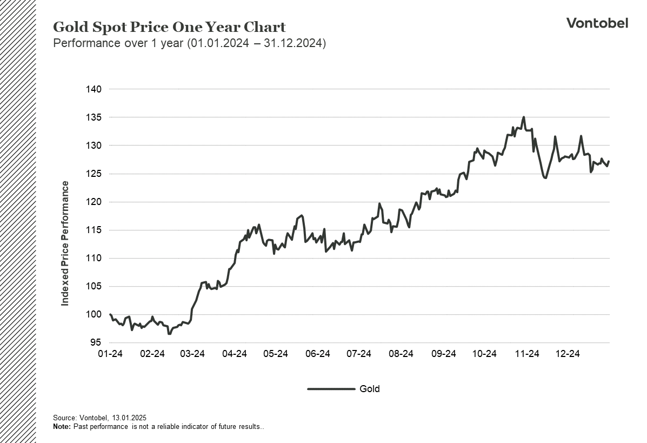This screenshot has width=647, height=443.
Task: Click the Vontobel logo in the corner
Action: point(597,23)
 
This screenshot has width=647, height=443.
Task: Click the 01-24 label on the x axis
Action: point(110,354)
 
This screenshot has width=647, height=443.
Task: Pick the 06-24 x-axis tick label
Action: point(317,354)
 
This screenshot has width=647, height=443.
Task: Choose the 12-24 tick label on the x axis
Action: point(568,354)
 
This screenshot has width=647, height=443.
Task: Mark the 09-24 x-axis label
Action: point(443,354)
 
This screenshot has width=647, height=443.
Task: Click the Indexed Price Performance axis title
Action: point(65,243)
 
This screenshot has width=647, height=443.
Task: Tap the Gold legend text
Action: point(370,389)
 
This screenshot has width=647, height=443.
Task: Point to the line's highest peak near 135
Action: point(523,117)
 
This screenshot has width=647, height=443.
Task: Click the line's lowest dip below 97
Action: point(169,334)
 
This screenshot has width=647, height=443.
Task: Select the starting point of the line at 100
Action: point(110,314)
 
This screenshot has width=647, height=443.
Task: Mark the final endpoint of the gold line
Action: point(609,161)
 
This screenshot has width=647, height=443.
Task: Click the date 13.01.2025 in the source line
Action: point(130,418)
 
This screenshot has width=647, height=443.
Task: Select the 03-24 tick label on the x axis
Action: point(192,354)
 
